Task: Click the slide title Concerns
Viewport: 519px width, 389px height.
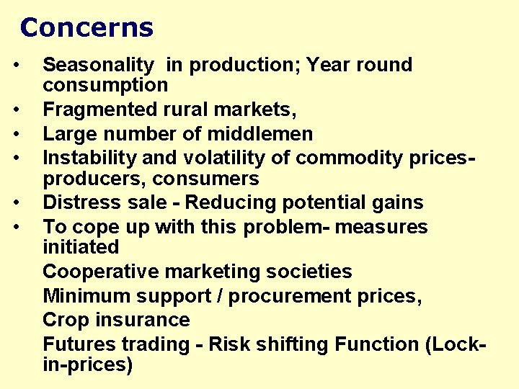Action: (86, 28)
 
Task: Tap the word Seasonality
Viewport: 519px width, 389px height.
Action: (98, 65)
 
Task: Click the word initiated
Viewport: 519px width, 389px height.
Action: (81, 247)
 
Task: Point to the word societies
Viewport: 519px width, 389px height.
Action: (310, 272)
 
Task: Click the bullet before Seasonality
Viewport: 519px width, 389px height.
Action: (25, 66)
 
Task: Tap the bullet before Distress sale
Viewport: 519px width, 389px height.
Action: (25, 204)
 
